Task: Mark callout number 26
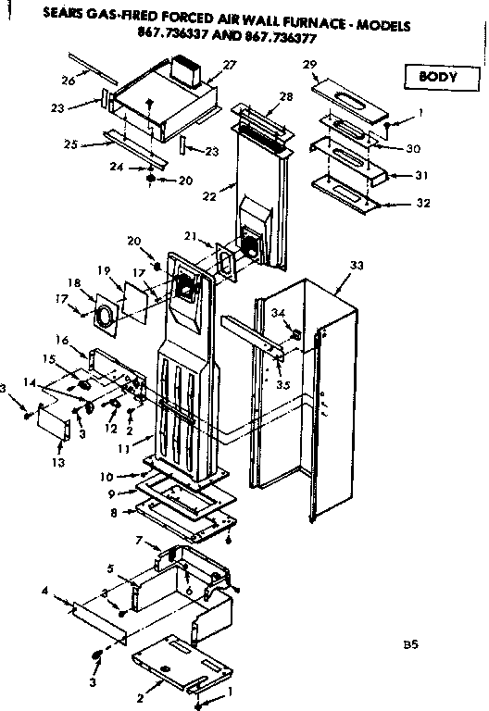(69, 80)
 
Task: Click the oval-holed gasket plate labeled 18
(107, 311)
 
